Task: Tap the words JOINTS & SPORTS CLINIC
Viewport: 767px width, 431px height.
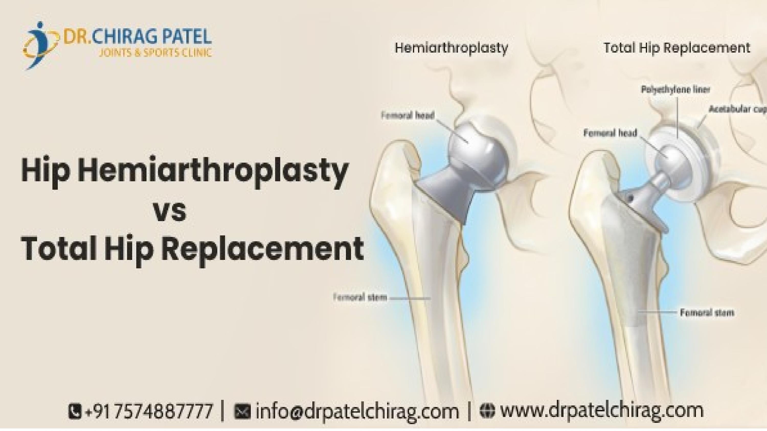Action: (155, 53)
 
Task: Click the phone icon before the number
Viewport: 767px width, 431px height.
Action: (74, 411)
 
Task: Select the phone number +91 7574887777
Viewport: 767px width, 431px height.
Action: (149, 411)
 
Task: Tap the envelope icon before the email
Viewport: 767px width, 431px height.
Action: (242, 411)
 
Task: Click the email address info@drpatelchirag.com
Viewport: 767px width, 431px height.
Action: (357, 411)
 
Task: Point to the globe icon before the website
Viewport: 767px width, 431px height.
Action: (487, 411)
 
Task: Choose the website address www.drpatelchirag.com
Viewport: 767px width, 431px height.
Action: (601, 411)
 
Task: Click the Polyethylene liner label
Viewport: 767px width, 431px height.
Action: (675, 90)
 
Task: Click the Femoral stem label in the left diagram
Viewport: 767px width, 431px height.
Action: (360, 297)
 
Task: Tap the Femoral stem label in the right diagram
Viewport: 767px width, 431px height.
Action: (707, 313)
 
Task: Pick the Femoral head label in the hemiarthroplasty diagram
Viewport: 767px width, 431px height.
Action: (408, 115)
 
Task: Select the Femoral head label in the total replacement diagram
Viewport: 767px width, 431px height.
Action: (610, 133)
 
